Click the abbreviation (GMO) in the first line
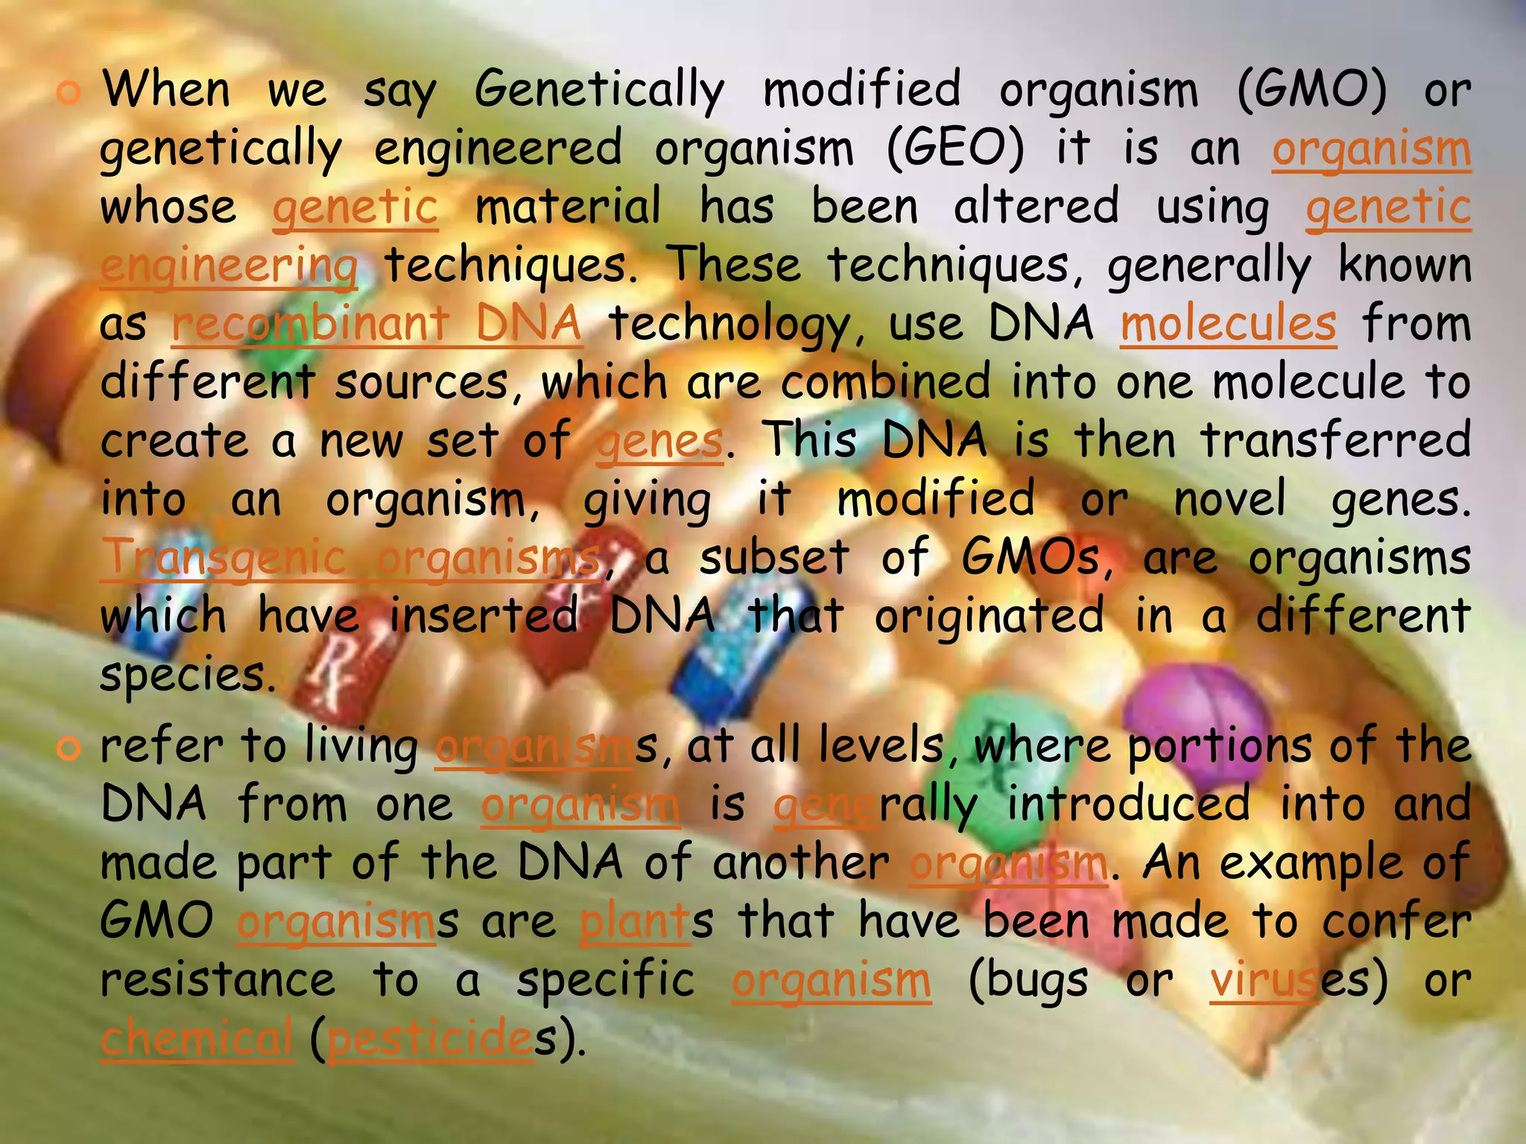(x=1312, y=91)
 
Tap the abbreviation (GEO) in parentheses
(x=956, y=149)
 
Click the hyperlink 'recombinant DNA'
(x=376, y=325)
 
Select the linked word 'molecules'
(x=1228, y=325)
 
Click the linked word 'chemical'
(x=197, y=1039)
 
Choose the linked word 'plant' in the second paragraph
(x=634, y=922)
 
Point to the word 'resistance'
(x=218, y=980)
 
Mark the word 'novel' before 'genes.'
(x=1229, y=499)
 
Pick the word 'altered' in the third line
(x=1036, y=207)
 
